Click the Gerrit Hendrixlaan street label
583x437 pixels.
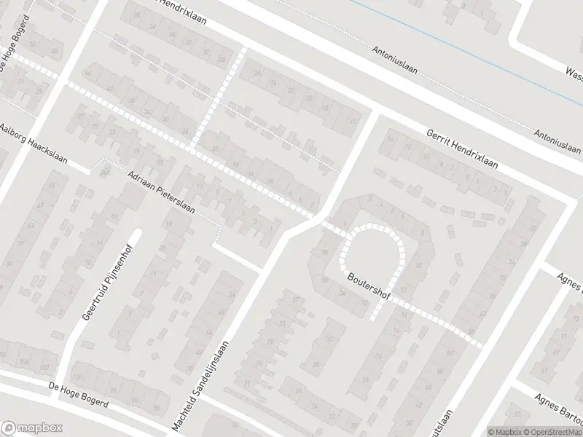(x=463, y=149)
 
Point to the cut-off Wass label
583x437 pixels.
(x=573, y=71)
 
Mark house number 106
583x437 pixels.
(x=24, y=362)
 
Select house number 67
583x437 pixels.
(x=565, y=371)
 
